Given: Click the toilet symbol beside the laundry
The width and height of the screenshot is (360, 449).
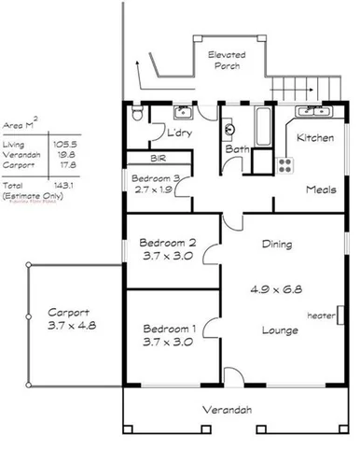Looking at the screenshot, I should (137, 115).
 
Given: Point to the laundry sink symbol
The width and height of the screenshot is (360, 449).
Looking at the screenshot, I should (181, 116).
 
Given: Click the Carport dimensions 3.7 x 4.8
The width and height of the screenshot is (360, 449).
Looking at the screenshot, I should (71, 325).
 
